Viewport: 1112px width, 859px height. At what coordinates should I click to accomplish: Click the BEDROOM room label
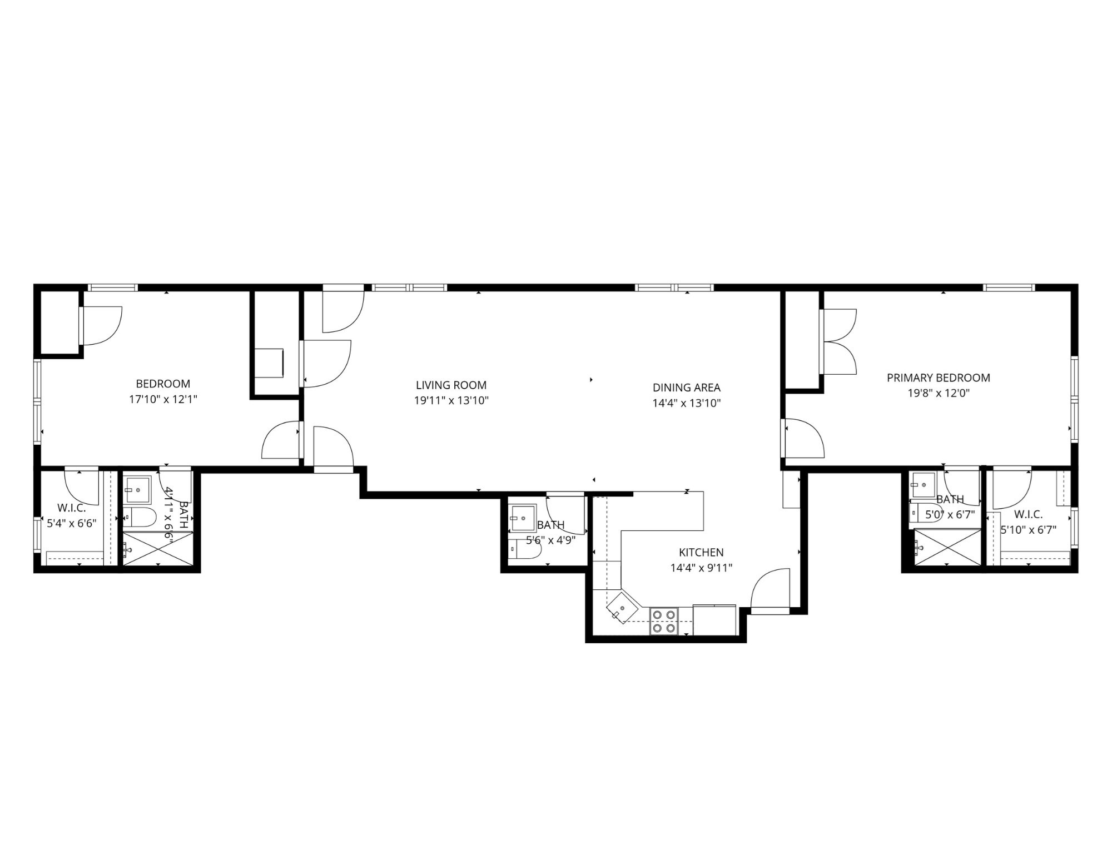point(163,384)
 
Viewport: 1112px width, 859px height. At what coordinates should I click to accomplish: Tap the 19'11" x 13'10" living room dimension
point(451,400)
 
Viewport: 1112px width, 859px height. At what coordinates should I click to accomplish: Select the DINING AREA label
point(686,388)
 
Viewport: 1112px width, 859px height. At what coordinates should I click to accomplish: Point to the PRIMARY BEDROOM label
point(938,378)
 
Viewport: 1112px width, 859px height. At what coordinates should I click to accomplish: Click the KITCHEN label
point(701,552)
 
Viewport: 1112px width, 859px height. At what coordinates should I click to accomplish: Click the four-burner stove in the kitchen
point(664,622)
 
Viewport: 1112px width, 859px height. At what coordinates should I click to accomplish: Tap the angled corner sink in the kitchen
point(622,608)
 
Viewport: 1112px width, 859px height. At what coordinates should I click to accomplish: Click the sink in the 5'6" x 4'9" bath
point(523,518)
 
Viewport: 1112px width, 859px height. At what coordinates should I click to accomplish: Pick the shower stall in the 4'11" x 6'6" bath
point(158,549)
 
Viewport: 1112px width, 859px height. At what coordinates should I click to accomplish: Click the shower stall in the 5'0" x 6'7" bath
point(948,548)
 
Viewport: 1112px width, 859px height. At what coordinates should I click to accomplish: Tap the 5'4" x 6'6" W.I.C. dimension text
point(72,523)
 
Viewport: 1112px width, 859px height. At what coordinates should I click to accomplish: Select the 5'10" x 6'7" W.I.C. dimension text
point(1028,530)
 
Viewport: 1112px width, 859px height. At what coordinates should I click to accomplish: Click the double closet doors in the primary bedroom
point(838,341)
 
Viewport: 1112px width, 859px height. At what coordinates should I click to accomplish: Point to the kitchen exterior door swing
point(771,589)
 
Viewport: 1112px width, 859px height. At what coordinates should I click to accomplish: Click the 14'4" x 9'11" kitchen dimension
point(701,568)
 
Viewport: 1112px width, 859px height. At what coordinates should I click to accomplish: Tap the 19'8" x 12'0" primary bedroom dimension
point(938,393)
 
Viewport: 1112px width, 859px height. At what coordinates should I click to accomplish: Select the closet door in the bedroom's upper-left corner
point(101,326)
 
